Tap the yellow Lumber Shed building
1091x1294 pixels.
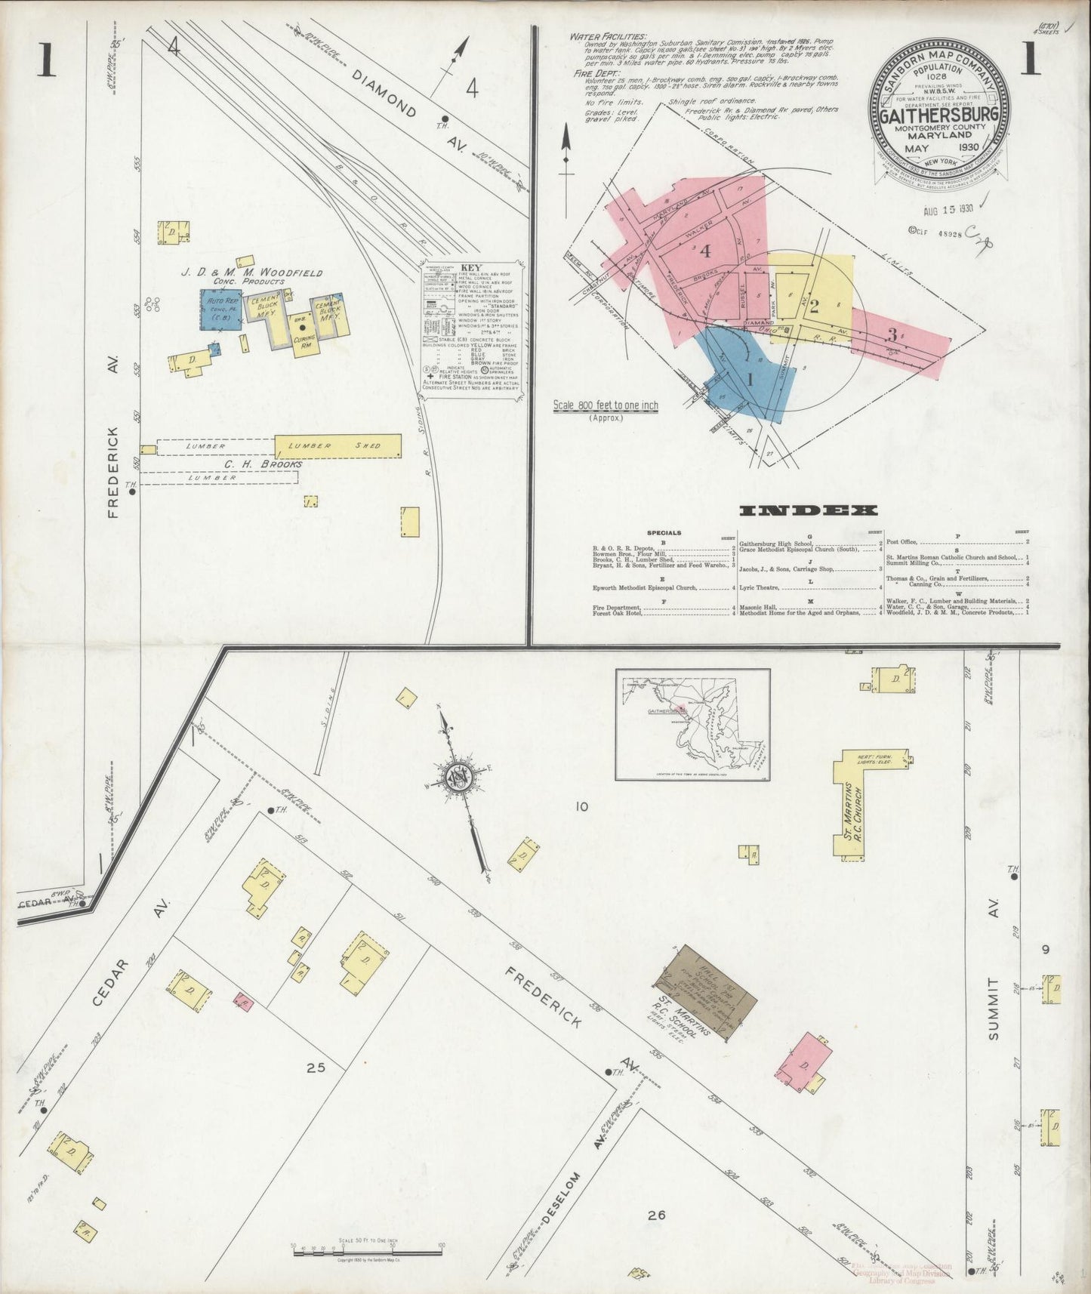pyautogui.click(x=337, y=446)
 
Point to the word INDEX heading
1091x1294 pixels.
pyautogui.click(x=808, y=511)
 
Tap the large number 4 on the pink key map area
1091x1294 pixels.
pyautogui.click(x=706, y=251)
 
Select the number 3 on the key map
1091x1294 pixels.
pyautogui.click(x=892, y=334)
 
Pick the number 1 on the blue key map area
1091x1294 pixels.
pyautogui.click(x=750, y=380)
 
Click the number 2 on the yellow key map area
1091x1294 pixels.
pyautogui.click(x=814, y=306)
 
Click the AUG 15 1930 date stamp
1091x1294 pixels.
pyautogui.click(x=946, y=209)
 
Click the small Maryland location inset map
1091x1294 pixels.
pyautogui.click(x=692, y=724)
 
